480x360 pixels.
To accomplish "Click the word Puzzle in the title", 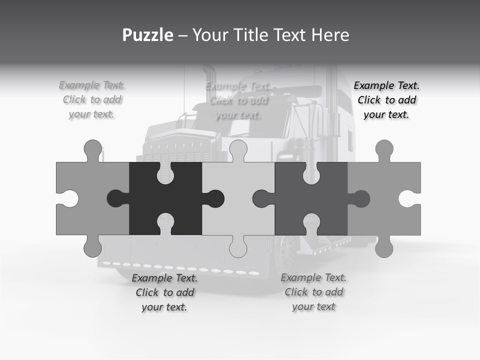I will point(148,35).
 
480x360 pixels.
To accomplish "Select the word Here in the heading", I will point(330,35).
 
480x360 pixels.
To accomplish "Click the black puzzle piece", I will point(165,198).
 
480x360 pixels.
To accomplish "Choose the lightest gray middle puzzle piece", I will point(238,198).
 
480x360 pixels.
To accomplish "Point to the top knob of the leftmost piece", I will point(92,149).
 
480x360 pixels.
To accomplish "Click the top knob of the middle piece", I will point(238,149).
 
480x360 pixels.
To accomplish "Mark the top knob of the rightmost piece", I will point(384,149).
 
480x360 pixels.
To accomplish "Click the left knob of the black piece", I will point(116,198).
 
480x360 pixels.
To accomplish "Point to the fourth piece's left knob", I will point(261,198).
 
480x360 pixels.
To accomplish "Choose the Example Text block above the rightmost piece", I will point(386,100).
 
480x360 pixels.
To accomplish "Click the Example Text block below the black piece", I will point(164,292).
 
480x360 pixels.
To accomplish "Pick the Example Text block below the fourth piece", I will point(313,292).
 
